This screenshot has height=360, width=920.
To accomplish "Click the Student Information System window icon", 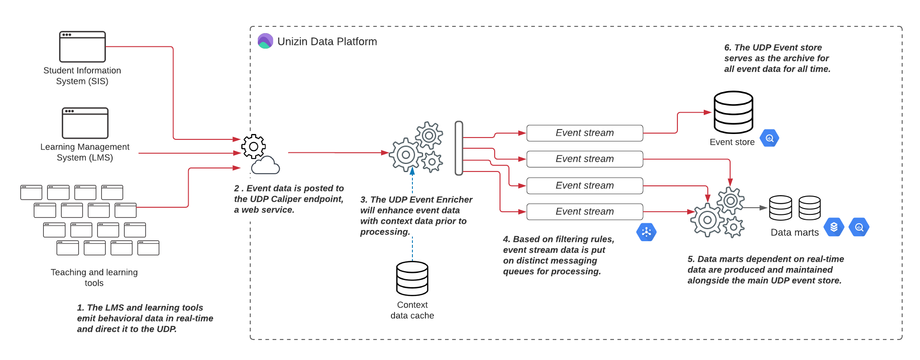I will point(83,46).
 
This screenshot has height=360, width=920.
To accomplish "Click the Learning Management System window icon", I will point(85,123).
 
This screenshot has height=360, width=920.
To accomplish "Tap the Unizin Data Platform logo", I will point(265,41).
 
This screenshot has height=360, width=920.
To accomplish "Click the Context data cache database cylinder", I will point(412,278).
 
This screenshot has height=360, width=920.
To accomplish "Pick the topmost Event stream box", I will point(584,133).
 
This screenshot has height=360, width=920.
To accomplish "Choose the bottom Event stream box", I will point(584,212).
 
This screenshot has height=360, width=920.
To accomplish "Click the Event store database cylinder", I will point(733,112).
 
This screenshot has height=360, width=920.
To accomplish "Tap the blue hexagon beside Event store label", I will point(769,138).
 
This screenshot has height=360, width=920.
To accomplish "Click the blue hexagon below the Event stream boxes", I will point(646,232).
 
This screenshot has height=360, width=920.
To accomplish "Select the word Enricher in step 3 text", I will point(454,200).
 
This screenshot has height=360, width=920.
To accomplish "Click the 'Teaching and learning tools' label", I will point(94,277).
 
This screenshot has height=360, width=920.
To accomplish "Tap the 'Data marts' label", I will point(794,232).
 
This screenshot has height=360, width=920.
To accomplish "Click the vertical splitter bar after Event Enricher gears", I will point(459,148).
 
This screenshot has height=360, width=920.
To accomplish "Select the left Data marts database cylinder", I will point(780,208).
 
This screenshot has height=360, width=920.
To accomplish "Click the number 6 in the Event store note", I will point(727,48).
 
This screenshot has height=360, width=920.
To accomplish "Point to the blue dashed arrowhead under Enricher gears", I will point(412,171).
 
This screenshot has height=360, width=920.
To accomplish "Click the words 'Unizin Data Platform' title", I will point(327,42).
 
